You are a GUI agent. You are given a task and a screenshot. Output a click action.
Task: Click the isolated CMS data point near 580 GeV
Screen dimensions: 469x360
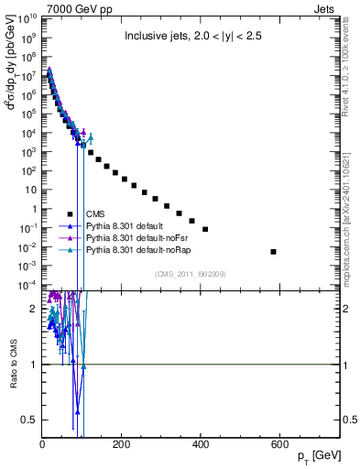coord(273,251)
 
